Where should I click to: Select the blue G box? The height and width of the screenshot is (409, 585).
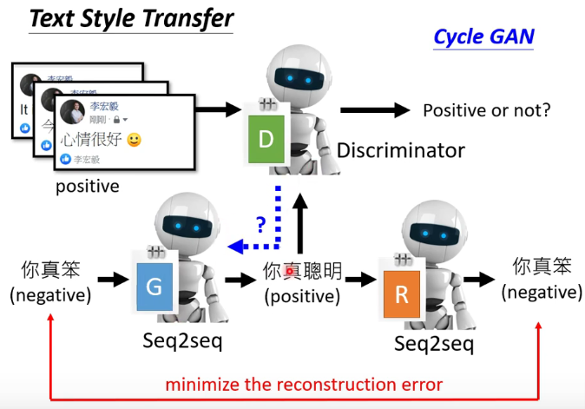154,285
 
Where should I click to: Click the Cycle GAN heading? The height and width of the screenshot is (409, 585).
483,37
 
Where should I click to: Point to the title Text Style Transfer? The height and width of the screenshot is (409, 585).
131,18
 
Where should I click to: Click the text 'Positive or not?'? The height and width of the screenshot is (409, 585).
486,110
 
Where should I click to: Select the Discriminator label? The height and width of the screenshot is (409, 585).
400,150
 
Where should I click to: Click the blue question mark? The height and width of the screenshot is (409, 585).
260,223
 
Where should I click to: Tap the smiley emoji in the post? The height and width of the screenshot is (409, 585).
134,139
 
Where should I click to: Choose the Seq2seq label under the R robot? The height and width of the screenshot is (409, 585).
433,344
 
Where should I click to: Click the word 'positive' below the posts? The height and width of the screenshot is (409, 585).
88,186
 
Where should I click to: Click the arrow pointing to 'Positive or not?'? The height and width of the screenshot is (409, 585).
374,110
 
